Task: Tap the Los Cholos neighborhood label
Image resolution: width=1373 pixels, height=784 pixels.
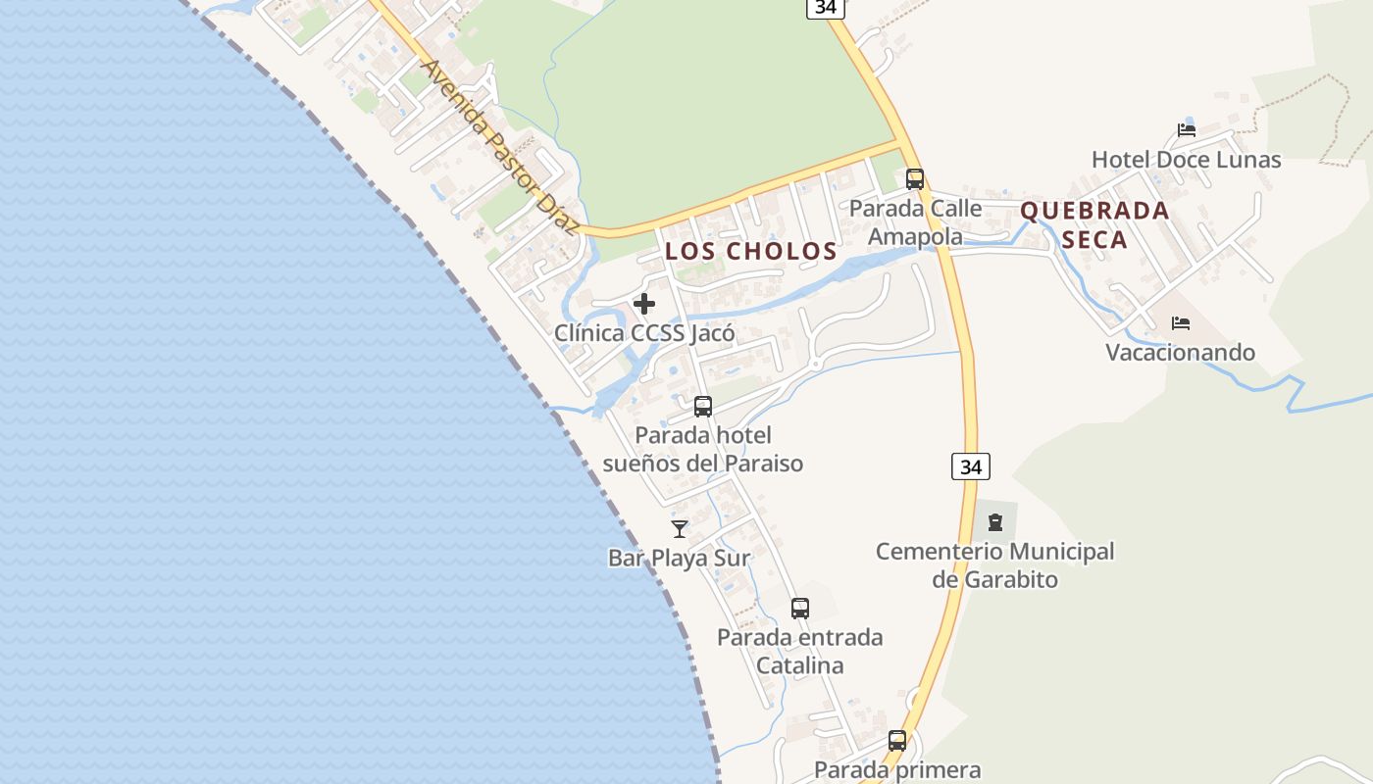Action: coord(751,251)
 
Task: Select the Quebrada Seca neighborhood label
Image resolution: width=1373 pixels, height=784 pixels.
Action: coord(1094,225)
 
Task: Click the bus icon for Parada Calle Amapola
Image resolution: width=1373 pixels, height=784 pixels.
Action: coord(915,179)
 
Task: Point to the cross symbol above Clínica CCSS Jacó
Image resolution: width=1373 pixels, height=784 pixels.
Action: coord(644,304)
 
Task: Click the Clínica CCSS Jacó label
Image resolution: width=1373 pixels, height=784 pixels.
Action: coord(644,333)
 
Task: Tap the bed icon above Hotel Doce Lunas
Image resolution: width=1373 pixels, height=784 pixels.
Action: coord(1187,130)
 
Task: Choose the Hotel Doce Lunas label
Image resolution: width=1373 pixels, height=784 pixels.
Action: coord(1186,160)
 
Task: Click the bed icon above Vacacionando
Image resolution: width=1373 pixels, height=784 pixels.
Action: coord(1181,323)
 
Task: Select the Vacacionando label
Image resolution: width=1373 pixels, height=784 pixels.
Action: coord(1181,353)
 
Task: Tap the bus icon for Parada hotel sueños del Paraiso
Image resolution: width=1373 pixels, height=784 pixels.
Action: coord(703,407)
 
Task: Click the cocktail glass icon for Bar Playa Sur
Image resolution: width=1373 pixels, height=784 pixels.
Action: coord(679,529)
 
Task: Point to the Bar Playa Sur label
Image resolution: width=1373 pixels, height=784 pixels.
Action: coord(679,559)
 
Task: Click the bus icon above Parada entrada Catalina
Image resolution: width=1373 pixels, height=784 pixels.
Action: coord(800,609)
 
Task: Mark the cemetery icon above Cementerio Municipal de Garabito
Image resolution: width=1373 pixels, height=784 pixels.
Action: coord(995,522)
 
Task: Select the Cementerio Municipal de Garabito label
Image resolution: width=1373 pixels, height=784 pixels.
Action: coord(994,565)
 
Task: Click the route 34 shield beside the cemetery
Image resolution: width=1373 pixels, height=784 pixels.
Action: coord(970,466)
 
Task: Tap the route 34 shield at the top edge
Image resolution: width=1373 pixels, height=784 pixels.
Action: coord(826,8)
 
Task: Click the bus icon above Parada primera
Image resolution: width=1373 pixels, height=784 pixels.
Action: coord(897,741)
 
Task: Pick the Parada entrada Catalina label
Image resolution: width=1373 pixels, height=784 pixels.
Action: coord(799,652)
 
